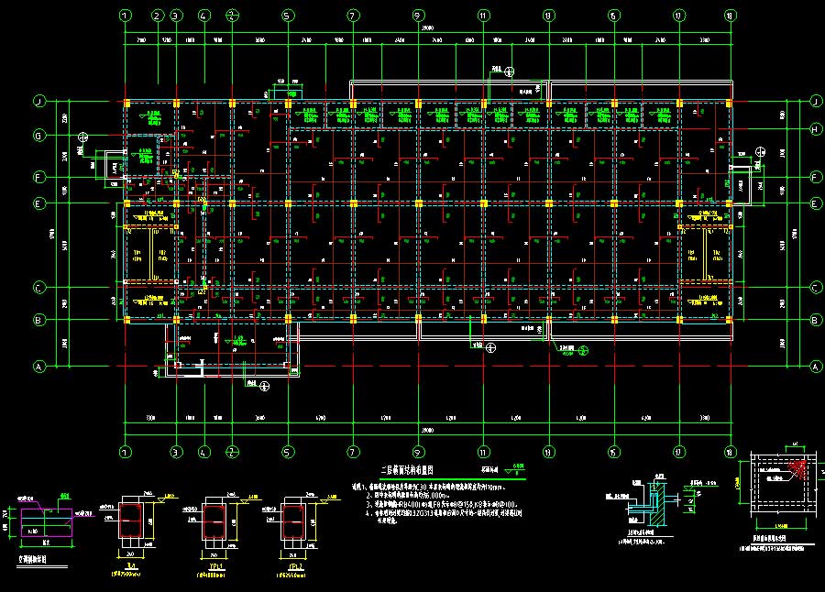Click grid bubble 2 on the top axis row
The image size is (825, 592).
tap(157, 16)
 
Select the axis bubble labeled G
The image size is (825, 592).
tap(39, 136)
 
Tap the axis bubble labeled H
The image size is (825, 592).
tap(814, 130)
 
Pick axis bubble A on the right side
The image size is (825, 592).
tap(814, 366)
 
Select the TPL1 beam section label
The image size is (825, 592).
tap(213, 566)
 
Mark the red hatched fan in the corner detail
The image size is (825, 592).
tap(797, 471)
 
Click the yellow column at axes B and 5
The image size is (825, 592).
tap(288, 320)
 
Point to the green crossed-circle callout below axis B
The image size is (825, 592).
tap(491, 347)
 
